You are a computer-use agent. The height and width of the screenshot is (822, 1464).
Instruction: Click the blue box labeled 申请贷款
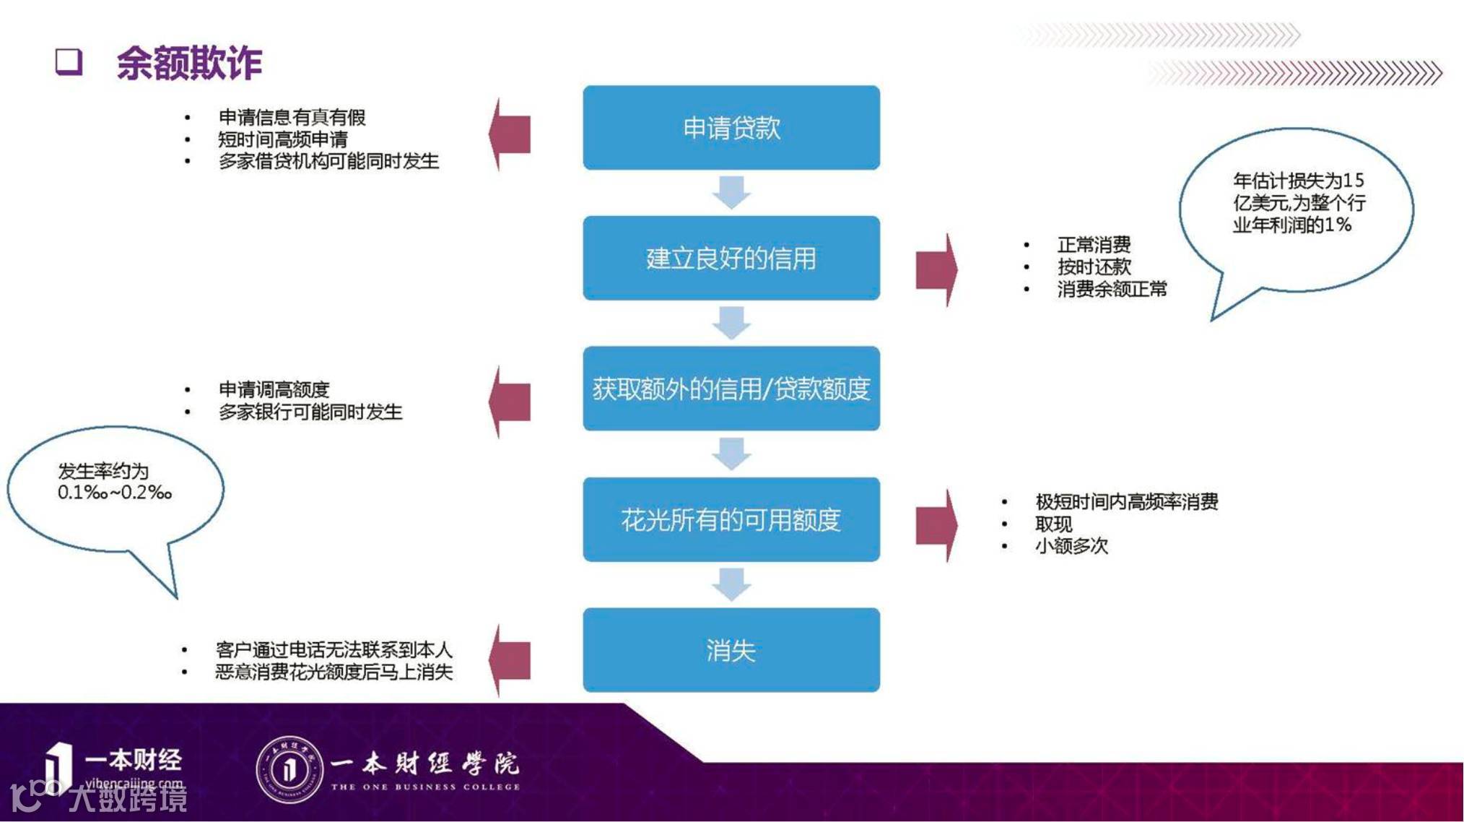[731, 128]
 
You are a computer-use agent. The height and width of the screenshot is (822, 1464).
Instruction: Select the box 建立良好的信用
[731, 258]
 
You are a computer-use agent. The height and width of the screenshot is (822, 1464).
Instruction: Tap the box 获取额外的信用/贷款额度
[731, 389]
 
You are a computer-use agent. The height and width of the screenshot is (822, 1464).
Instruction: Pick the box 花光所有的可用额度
[731, 519]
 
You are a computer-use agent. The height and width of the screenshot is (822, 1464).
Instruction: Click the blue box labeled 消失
[731, 650]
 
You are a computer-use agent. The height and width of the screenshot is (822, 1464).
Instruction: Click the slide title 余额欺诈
[189, 63]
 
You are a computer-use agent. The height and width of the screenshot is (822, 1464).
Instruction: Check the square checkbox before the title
[69, 61]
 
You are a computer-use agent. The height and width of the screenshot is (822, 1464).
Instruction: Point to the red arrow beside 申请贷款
[510, 134]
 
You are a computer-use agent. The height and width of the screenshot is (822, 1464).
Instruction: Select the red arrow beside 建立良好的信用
[936, 269]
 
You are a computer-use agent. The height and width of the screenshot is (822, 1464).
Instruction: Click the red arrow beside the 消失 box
[510, 659]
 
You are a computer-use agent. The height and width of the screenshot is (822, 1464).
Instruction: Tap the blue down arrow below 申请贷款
[731, 192]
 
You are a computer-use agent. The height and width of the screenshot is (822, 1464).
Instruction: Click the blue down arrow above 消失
[731, 584]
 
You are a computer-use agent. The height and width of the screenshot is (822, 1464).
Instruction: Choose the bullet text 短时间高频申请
[283, 139]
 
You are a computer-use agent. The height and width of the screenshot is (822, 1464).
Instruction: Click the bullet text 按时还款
[1094, 267]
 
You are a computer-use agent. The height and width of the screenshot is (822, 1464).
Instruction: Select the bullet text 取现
[1053, 524]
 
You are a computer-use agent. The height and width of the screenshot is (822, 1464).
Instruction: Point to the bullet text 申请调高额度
[274, 389]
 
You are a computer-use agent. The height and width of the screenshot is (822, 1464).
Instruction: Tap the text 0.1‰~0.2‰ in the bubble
[115, 493]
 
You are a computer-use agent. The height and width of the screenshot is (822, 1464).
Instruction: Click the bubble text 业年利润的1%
[1291, 225]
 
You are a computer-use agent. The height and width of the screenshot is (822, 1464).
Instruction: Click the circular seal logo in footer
[289, 769]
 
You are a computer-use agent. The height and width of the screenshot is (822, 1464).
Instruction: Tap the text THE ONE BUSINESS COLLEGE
[425, 787]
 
